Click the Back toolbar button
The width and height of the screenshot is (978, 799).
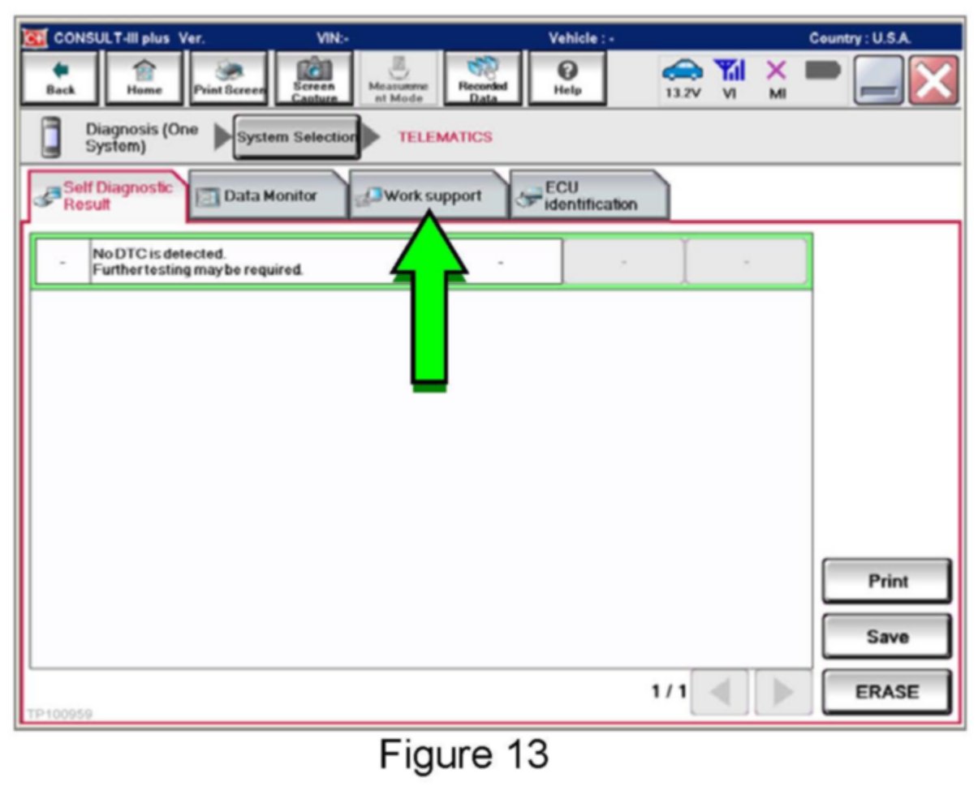[60, 79]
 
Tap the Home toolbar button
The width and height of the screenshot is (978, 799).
[144, 79]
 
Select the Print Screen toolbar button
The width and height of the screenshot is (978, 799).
[229, 79]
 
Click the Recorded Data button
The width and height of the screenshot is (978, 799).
[482, 79]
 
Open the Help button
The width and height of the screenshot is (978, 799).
[567, 79]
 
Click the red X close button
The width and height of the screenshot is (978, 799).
[933, 80]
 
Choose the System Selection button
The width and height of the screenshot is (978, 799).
[296, 137]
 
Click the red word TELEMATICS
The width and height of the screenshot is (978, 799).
[445, 137]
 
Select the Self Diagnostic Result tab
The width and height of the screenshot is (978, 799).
[108, 195]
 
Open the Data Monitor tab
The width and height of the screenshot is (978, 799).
[268, 195]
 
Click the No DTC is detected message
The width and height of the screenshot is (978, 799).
[197, 262]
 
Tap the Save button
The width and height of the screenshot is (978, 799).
[886, 637]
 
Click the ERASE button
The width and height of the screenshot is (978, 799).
[886, 692]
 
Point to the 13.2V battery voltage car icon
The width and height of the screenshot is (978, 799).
[682, 79]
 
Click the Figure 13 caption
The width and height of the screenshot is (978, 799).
[464, 754]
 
